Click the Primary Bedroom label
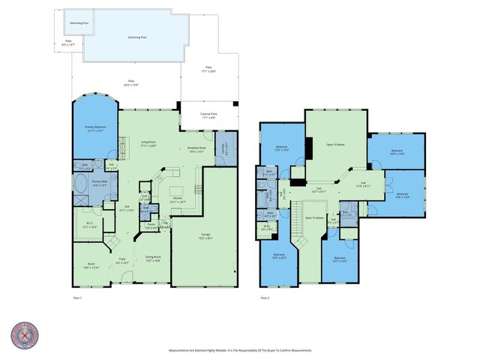(x=94, y=129)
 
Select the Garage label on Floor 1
(x=205, y=235)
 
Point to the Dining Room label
(x=152, y=259)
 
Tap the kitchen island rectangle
(x=177, y=188)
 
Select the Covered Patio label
(x=208, y=116)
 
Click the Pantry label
(x=151, y=226)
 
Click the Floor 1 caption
(x=76, y=298)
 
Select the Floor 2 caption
(x=265, y=298)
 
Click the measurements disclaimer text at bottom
(x=240, y=350)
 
